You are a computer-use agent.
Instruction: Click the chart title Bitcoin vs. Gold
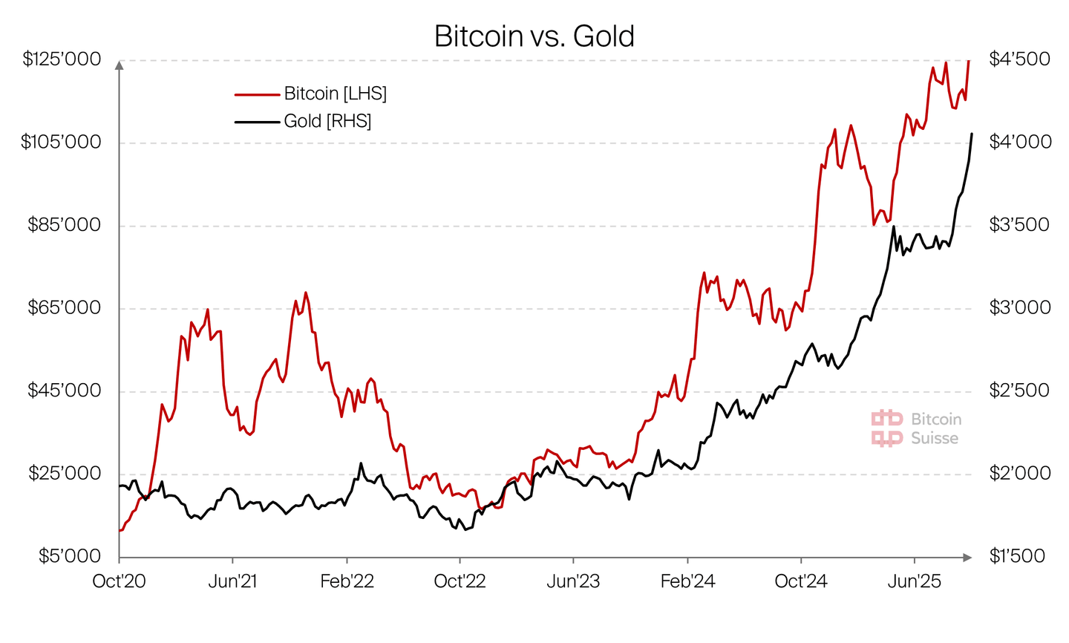pyautogui.click(x=534, y=36)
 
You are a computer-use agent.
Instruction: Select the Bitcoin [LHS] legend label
pyautogui.click(x=335, y=94)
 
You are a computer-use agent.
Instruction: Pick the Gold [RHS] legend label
pyautogui.click(x=327, y=121)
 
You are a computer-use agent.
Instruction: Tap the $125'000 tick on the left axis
pyautogui.click(x=62, y=59)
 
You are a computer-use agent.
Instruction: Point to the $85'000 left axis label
pyautogui.click(x=64, y=225)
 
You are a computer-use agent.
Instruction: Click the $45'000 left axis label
pyautogui.click(x=64, y=391)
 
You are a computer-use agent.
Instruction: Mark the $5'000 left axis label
pyautogui.click(x=69, y=556)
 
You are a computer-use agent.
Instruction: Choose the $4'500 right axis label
pyautogui.click(x=1019, y=59)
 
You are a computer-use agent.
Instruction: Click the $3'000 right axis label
pyautogui.click(x=1019, y=307)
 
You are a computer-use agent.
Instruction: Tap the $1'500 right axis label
pyautogui.click(x=1016, y=556)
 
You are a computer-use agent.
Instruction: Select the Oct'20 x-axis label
pyautogui.click(x=119, y=581)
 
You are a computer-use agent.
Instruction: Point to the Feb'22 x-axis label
pyautogui.click(x=347, y=581)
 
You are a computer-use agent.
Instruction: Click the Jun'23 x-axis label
pyautogui.click(x=573, y=581)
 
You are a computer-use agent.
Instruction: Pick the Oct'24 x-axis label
pyautogui.click(x=800, y=581)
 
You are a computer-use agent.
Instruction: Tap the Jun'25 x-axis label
pyautogui.click(x=915, y=581)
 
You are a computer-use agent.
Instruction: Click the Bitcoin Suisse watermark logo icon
pyautogui.click(x=887, y=428)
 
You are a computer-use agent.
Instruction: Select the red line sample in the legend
pyautogui.click(x=257, y=94)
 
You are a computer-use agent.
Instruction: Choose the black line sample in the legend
pyautogui.click(x=257, y=122)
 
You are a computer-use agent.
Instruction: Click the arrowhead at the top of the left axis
pyautogui.click(x=120, y=65)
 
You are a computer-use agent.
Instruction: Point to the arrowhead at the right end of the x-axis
pyautogui.click(x=967, y=557)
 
